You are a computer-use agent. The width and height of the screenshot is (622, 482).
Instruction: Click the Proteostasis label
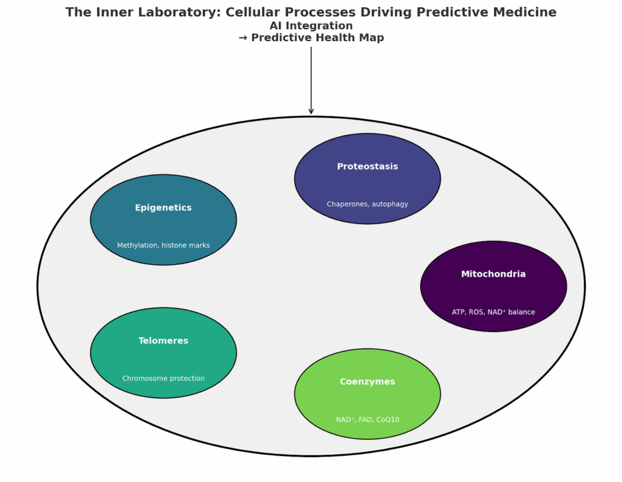point(367,166)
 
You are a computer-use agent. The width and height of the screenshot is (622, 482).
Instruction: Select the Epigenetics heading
point(163,208)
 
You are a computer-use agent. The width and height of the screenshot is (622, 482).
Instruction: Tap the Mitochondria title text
point(493,274)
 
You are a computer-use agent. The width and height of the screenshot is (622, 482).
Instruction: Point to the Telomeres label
point(163,341)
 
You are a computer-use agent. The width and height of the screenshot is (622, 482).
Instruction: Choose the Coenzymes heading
point(367,381)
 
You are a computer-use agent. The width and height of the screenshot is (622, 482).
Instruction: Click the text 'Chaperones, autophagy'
point(367,204)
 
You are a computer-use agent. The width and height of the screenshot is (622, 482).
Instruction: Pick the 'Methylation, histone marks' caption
point(163,245)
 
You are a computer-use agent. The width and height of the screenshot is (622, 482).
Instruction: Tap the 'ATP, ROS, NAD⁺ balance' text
point(493,312)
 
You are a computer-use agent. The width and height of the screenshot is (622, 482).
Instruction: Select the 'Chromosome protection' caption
point(163,378)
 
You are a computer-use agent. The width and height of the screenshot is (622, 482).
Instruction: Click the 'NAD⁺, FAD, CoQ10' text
point(367,419)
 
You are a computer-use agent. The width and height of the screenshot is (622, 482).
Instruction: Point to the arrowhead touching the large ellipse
point(311,111)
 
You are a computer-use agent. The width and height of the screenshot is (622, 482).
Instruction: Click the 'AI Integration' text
point(311,25)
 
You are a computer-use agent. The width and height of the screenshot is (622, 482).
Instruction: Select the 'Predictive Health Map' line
point(311,38)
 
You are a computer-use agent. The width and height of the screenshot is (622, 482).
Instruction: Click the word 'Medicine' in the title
point(526,12)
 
